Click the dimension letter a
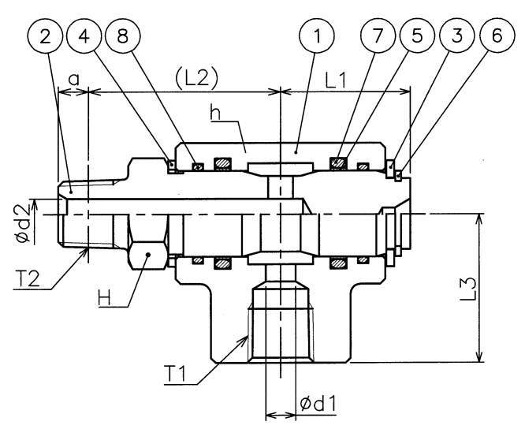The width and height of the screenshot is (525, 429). pos(74,79)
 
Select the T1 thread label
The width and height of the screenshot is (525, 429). pos(184,371)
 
